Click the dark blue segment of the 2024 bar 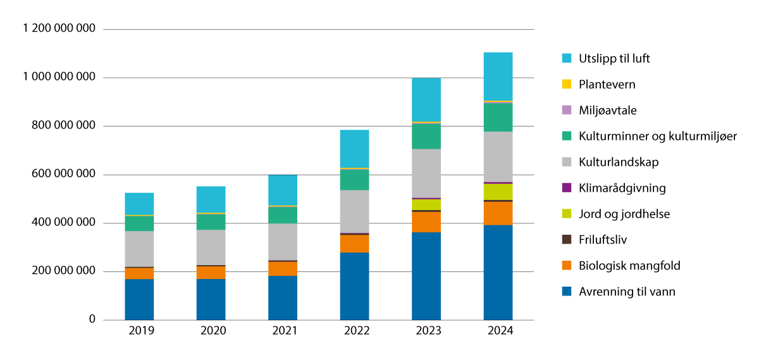pyautogui.click(x=498, y=272)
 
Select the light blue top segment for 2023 pyautogui.click(x=426, y=99)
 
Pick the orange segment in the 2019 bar pyautogui.click(x=139, y=273)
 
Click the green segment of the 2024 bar pyautogui.click(x=498, y=117)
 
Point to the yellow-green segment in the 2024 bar pyautogui.click(x=498, y=192)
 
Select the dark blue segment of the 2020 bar pyautogui.click(x=211, y=299)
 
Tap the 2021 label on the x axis pyautogui.click(x=283, y=331)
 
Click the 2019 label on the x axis pyautogui.click(x=139, y=331)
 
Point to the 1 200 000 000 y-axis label pyautogui.click(x=59, y=29)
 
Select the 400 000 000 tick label pyautogui.click(x=64, y=223)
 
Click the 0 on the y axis pyautogui.click(x=92, y=320)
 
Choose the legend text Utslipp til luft pyautogui.click(x=614, y=58)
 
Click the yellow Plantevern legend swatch pyautogui.click(x=567, y=84)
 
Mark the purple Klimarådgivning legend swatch pyautogui.click(x=567, y=188)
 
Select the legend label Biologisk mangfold pyautogui.click(x=629, y=266)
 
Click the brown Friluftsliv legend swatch pyautogui.click(x=567, y=240)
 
